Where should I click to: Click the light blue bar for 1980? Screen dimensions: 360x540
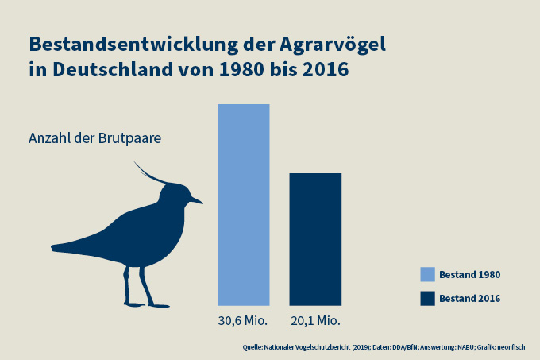tap(244, 204)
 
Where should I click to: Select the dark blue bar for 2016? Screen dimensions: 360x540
tap(315, 238)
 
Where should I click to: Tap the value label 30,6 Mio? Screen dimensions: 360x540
tap(244, 321)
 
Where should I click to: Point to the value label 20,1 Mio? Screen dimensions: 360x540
tap(315, 321)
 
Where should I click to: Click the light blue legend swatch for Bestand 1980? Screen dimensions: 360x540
tap(427, 274)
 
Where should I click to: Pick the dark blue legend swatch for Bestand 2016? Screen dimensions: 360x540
tap(427, 298)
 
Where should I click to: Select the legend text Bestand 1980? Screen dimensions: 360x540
tap(469, 274)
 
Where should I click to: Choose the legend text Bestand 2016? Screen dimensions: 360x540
tap(469, 299)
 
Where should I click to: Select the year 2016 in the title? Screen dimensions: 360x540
tap(322, 69)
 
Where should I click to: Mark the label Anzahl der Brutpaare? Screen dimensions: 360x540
tap(95, 137)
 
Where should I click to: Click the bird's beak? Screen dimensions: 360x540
tap(196, 201)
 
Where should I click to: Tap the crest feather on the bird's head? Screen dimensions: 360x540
tap(148, 172)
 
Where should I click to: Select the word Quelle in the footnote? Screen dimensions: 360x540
tap(254, 347)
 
